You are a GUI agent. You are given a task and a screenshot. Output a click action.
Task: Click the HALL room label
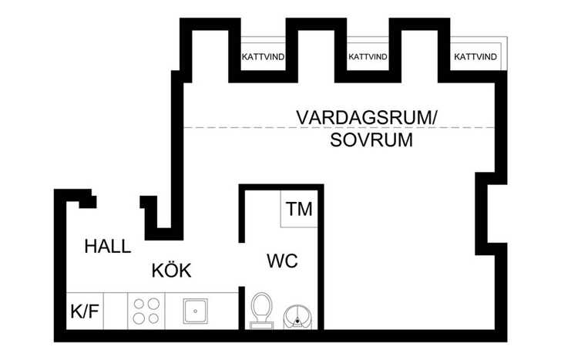pyautogui.click(x=108, y=247)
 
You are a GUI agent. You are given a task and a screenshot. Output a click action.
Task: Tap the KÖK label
pyautogui.click(x=171, y=270)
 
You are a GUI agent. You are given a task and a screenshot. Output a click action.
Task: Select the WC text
pyautogui.click(x=282, y=261)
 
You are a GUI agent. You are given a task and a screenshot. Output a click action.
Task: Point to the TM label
pyautogui.click(x=299, y=209)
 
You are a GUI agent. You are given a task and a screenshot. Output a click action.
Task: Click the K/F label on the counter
pyautogui.click(x=85, y=311)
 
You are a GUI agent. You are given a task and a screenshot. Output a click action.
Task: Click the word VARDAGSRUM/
pyautogui.click(x=367, y=118)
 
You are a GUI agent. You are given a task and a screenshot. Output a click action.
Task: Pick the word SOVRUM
pyautogui.click(x=371, y=140)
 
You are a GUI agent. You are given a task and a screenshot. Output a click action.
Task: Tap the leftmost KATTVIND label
pyautogui.click(x=263, y=57)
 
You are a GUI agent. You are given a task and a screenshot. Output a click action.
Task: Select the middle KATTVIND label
pyautogui.click(x=368, y=57)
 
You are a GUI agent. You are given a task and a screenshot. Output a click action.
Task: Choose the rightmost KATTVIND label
pyautogui.click(x=475, y=56)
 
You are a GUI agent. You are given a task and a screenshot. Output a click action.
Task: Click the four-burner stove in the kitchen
pyautogui.click(x=146, y=311)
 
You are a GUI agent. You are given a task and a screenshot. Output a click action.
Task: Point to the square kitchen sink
pyautogui.click(x=195, y=311)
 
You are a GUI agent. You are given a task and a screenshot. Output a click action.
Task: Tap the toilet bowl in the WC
pyautogui.click(x=261, y=307)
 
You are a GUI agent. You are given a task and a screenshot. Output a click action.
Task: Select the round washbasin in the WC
pyautogui.click(x=297, y=318)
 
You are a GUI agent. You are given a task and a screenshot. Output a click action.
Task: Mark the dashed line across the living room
pyautogui.click(x=339, y=127)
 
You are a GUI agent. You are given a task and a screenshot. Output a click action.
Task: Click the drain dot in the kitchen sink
pyautogui.click(x=195, y=311)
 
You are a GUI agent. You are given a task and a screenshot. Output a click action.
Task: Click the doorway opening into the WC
pyautogui.click(x=242, y=264)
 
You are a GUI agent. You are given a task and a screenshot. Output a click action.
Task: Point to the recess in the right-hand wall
pyautogui.click(x=491, y=214)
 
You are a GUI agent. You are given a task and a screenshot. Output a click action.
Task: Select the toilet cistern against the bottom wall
pyautogui.click(x=261, y=325)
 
